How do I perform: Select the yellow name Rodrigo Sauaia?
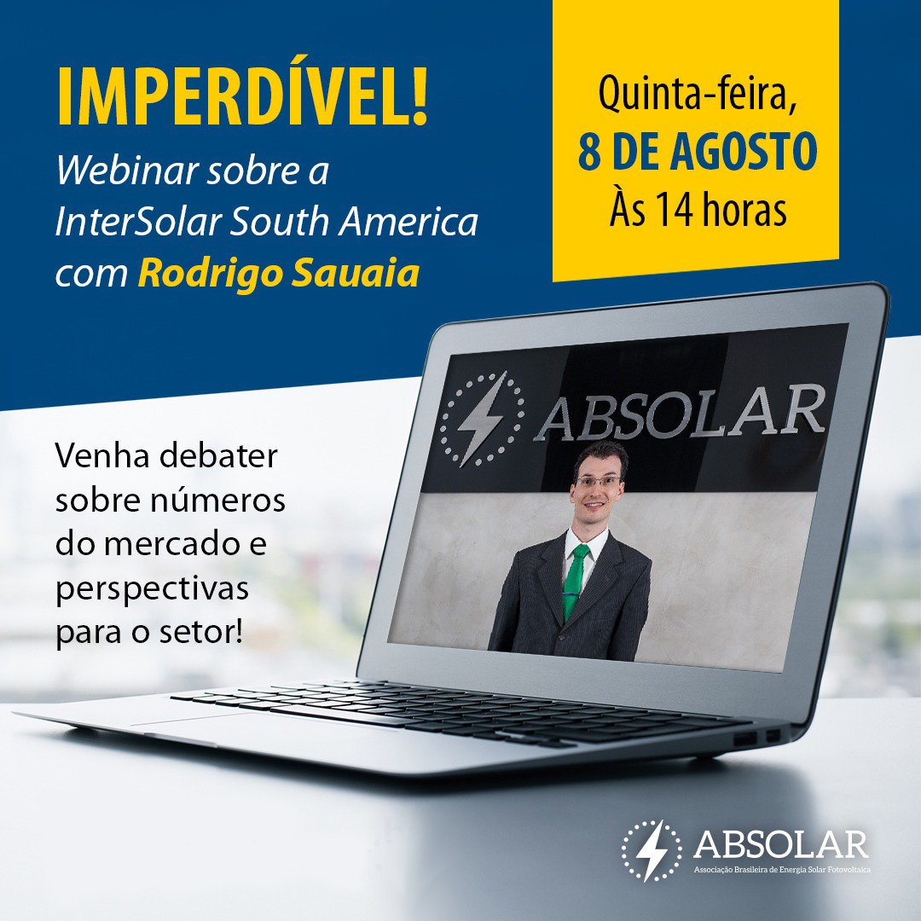(x=278, y=275)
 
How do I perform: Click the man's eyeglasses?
(x=599, y=482)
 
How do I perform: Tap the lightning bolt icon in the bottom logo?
(x=652, y=850)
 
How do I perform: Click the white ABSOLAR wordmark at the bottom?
(x=780, y=844)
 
